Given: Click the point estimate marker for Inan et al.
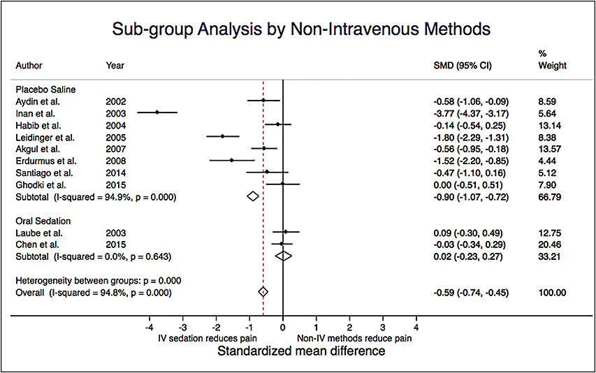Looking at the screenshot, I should point(157,112).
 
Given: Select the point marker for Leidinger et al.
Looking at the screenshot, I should point(223,136).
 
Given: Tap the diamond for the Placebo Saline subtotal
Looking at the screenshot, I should point(253,197).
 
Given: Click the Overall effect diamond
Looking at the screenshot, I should point(263,292).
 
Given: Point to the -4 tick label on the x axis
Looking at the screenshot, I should point(149,327).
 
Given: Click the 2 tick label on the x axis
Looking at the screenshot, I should point(349,327).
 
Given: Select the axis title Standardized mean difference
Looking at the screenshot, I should point(301,351).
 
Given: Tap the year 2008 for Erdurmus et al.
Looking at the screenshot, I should point(115,161).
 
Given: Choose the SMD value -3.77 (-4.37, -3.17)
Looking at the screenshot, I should point(467,112).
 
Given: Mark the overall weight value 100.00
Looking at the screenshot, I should point(548,293).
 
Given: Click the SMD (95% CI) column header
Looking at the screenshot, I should point(463,66).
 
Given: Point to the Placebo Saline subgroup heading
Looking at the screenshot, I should point(43,89).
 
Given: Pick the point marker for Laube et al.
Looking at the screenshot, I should point(285,232).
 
